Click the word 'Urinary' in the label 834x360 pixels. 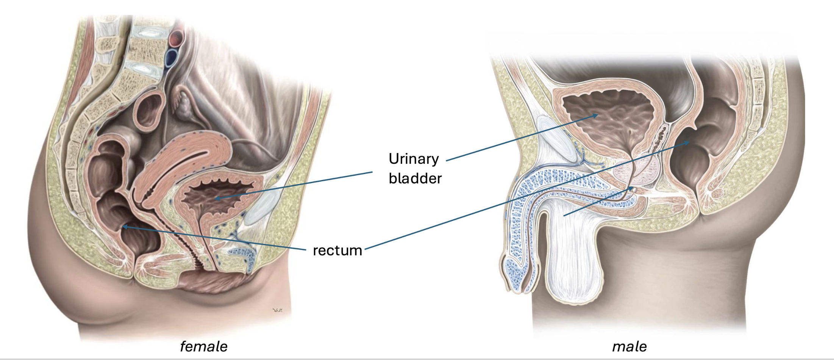[414, 159]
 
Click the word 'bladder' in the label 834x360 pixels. [415, 178]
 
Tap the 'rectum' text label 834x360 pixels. [337, 250]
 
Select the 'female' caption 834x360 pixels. [203, 346]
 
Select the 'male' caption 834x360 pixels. [629, 346]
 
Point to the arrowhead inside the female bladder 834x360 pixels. [217, 198]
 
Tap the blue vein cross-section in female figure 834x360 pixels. [172, 57]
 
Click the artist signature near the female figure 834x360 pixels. [277, 310]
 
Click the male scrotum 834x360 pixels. [574, 258]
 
